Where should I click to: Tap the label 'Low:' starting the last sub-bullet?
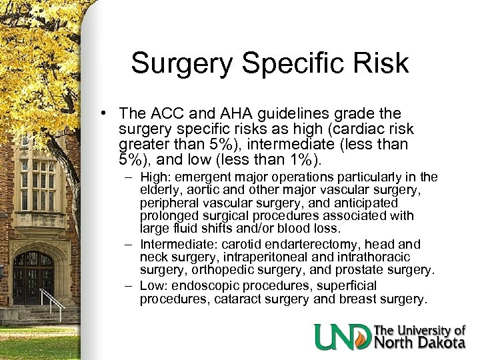154,285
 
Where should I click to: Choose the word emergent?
205,177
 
